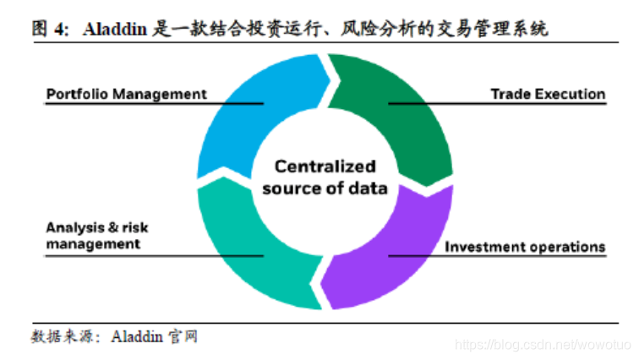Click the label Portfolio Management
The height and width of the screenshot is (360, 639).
point(126,94)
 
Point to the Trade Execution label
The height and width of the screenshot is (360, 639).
point(548,94)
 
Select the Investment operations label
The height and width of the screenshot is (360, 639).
point(525,247)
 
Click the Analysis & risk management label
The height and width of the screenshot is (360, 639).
point(97,235)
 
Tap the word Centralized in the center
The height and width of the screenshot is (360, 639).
point(325,166)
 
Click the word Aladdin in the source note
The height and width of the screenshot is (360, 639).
point(136,337)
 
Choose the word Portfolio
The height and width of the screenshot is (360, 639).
point(74,94)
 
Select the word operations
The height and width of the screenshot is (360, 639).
point(566,247)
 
